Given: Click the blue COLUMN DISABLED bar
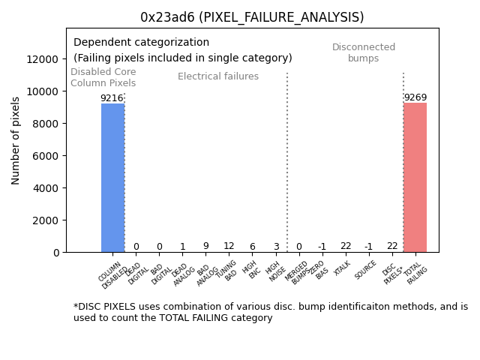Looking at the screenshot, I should [112, 178].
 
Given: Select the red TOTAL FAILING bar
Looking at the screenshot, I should [415, 178].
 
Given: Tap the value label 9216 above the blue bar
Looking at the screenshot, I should [112, 98].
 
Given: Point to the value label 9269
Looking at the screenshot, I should [415, 97].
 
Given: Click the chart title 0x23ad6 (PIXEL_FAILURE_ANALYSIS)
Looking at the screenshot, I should [252, 17].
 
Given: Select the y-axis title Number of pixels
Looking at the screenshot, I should [16, 140].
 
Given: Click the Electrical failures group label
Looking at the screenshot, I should [218, 76].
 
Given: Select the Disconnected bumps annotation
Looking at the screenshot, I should [364, 52].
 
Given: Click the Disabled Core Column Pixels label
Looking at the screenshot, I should [103, 77].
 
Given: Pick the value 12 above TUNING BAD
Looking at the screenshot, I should [229, 246].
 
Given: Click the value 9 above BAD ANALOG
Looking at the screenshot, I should [205, 246].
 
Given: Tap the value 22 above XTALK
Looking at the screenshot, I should [346, 246].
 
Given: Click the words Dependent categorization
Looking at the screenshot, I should [141, 43].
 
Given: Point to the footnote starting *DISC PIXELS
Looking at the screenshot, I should [270, 312].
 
